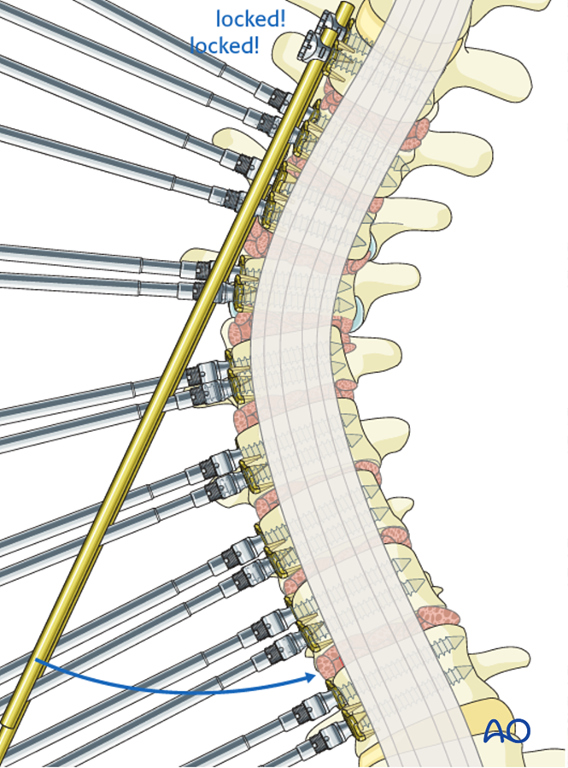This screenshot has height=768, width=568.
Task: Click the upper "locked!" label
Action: point(250,19)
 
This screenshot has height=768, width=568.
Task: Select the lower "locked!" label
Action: point(224,45)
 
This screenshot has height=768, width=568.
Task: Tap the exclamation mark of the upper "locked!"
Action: point(282,19)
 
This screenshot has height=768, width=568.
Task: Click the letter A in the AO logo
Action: point(495,730)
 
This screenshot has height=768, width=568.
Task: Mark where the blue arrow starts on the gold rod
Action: point(37,660)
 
